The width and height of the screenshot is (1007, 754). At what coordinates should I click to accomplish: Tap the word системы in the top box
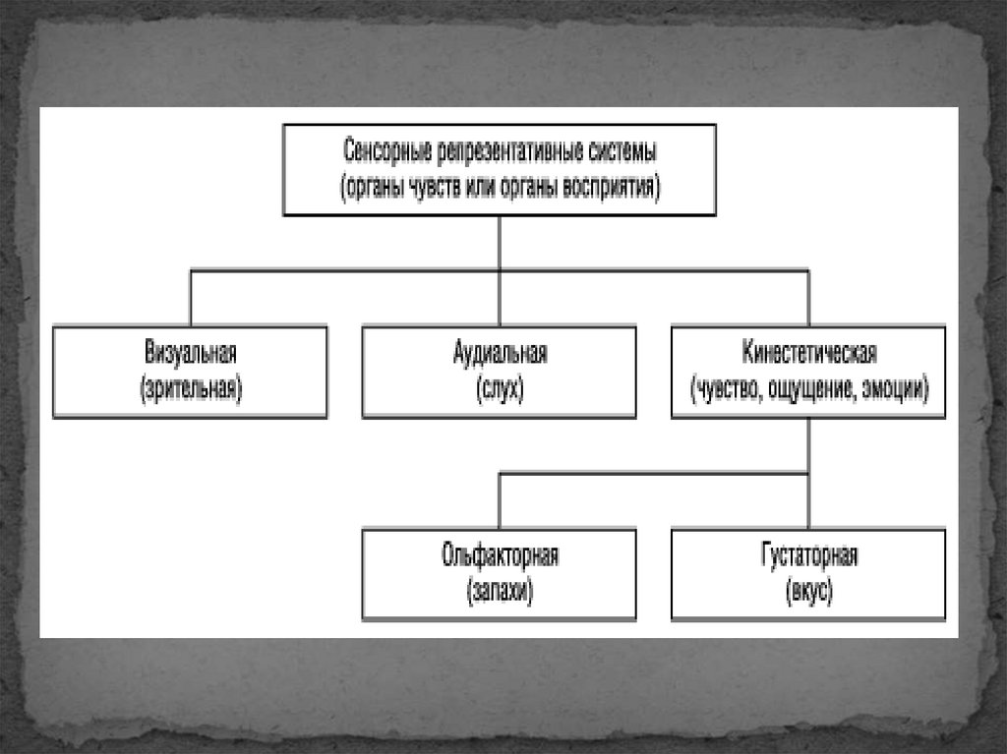[622, 153]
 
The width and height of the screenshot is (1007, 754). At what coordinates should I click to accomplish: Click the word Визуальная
[190, 353]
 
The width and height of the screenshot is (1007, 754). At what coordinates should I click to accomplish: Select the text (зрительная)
[190, 387]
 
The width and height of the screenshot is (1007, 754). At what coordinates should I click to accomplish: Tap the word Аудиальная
[500, 353]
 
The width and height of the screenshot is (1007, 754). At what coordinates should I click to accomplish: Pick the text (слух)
[500, 387]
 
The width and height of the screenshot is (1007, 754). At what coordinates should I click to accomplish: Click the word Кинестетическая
[809, 353]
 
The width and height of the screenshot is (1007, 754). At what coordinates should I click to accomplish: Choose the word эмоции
[892, 387]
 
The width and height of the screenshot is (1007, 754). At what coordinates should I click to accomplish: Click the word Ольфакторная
[500, 556]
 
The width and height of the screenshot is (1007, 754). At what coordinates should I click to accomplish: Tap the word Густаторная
[809, 556]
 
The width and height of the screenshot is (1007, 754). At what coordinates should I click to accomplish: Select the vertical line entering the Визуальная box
[190, 298]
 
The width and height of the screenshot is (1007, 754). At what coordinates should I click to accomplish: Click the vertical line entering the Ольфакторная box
[500, 501]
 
